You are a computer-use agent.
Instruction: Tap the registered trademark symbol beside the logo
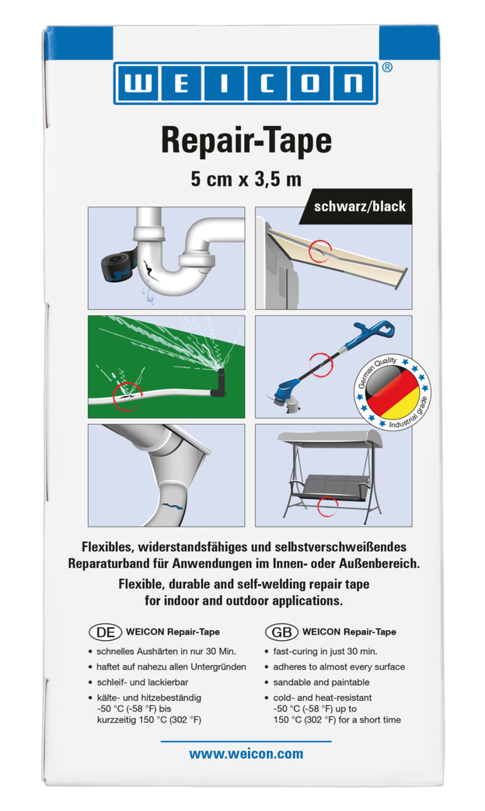[389, 68]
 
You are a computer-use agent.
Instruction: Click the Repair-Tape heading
[246, 141]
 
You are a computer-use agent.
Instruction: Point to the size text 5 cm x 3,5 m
[246, 179]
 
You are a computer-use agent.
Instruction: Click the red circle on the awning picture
[319, 250]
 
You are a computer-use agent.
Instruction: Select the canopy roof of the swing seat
[331, 440]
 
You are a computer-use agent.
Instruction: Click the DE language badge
[104, 631]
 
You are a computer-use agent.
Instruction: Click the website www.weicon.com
[246, 754]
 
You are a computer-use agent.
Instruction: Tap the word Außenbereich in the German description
[373, 562]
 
